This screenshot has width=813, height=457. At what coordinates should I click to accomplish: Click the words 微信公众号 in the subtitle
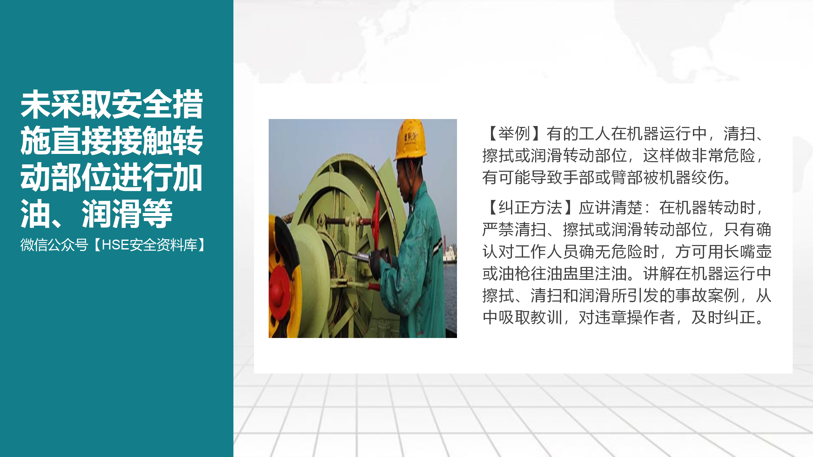tap(54, 245)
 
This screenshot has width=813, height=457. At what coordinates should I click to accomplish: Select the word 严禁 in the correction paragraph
tap(498, 230)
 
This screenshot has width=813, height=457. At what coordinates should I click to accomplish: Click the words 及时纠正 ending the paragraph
tap(723, 317)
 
